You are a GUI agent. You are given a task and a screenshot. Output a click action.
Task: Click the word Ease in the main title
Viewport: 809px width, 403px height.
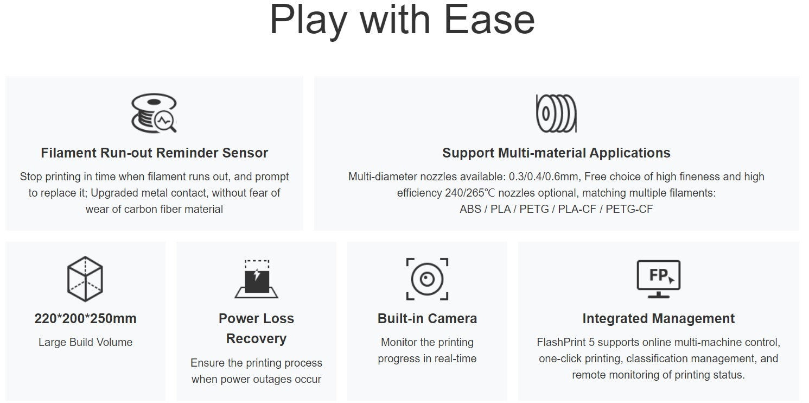pyautogui.click(x=489, y=20)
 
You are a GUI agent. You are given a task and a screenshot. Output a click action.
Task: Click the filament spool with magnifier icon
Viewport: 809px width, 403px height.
pyautogui.click(x=154, y=113)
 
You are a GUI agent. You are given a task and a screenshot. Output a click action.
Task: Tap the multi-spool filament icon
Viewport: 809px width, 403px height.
pyautogui.click(x=556, y=114)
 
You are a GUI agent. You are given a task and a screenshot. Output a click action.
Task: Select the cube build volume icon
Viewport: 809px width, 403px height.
pyautogui.click(x=85, y=279)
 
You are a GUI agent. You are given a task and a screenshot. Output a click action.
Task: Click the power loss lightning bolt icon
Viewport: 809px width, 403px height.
pyautogui.click(x=257, y=279)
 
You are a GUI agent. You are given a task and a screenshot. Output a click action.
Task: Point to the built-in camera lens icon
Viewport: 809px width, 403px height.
pyautogui.click(x=427, y=279)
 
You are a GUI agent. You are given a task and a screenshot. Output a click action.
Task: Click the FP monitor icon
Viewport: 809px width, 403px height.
pyautogui.click(x=658, y=279)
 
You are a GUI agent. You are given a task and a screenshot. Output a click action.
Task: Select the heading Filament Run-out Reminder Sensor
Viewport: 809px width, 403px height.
pyautogui.click(x=154, y=153)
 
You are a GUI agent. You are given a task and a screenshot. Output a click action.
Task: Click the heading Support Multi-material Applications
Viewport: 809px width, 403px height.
pyautogui.click(x=556, y=153)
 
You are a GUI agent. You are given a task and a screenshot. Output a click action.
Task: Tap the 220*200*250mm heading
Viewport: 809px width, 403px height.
pyautogui.click(x=85, y=318)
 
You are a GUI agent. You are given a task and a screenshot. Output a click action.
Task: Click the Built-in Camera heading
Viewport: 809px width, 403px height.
pyautogui.click(x=427, y=318)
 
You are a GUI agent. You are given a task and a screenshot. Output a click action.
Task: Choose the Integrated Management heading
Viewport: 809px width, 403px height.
pyautogui.click(x=658, y=318)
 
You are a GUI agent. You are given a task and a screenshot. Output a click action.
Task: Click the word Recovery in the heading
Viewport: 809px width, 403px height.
pyautogui.click(x=257, y=339)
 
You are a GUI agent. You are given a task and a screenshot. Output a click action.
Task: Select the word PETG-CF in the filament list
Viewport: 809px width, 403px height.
pyautogui.click(x=629, y=209)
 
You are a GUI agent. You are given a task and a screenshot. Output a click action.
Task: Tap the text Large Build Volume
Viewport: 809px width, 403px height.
pyautogui.click(x=86, y=342)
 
